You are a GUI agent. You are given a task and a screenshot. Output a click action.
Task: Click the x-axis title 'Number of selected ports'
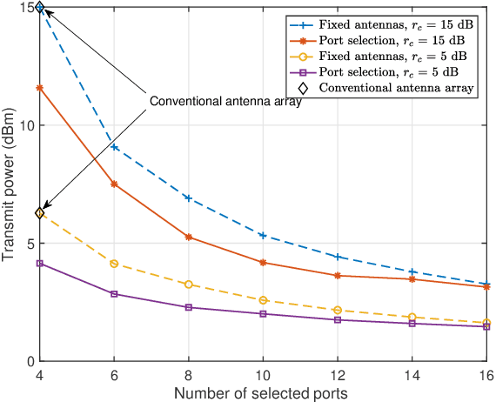coord(261,393)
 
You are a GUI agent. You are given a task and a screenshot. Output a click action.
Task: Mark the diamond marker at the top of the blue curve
coord(39,8)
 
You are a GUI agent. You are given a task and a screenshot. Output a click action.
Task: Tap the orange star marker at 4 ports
coord(39,88)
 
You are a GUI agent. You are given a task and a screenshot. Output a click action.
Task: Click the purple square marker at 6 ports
coord(114,294)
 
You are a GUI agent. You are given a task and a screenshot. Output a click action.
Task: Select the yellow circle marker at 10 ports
coord(263,300)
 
